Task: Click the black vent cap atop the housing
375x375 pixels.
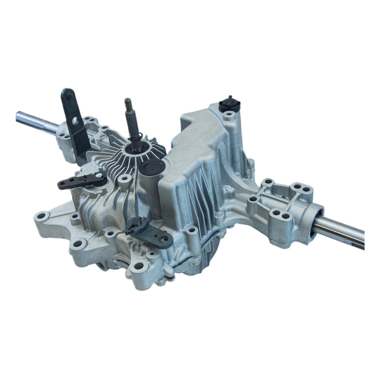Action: tap(229, 103)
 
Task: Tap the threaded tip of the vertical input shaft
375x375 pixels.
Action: tap(127, 104)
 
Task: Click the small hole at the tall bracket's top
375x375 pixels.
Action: tap(69, 96)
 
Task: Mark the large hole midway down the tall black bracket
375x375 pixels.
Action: tap(74, 120)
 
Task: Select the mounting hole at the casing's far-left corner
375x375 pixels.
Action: tap(41, 217)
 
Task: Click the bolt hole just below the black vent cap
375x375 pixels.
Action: tap(228, 114)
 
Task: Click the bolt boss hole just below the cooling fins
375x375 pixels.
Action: tap(125, 179)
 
